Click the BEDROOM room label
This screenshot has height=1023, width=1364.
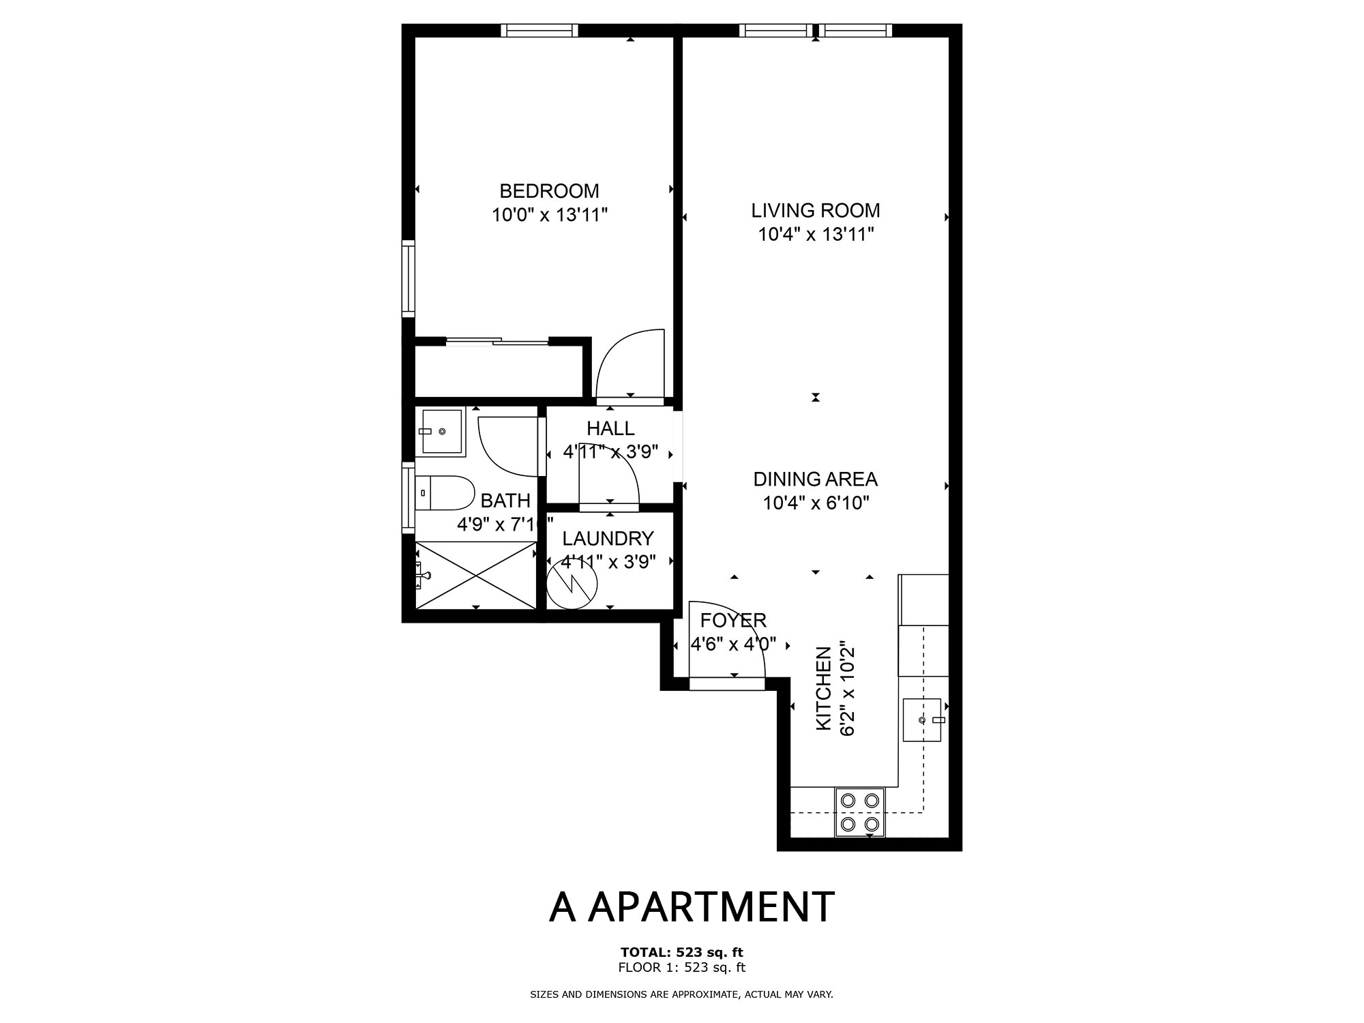[x=549, y=191]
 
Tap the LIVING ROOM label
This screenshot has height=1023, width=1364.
[x=816, y=210]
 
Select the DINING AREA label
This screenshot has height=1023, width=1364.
[x=815, y=479]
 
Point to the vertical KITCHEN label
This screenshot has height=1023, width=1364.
[x=824, y=689]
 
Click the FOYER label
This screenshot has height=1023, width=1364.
[x=733, y=621]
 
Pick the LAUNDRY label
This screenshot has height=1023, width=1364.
[x=608, y=539]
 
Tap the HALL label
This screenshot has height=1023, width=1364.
[x=610, y=428]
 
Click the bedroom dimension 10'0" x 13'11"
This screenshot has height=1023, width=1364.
[x=550, y=216]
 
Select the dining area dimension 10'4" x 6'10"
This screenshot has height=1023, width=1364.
[x=816, y=503]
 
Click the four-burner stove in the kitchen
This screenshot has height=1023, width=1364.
[x=859, y=812]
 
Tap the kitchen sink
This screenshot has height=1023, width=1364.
[x=923, y=720]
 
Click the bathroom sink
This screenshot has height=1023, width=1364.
[x=443, y=432]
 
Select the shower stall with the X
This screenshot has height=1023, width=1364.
[x=477, y=575]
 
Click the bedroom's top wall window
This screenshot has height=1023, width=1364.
[x=539, y=31]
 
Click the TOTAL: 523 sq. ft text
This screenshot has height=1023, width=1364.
[x=681, y=952]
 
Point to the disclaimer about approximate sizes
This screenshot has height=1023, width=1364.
[x=681, y=994]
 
